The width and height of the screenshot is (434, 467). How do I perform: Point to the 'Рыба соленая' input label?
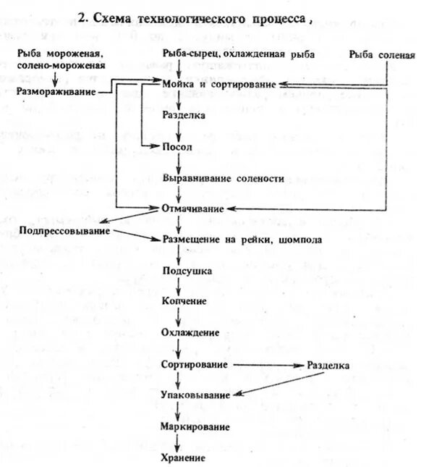382,56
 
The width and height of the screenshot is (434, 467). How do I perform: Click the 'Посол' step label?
176,146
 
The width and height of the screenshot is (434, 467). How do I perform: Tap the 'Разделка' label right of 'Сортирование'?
328,366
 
